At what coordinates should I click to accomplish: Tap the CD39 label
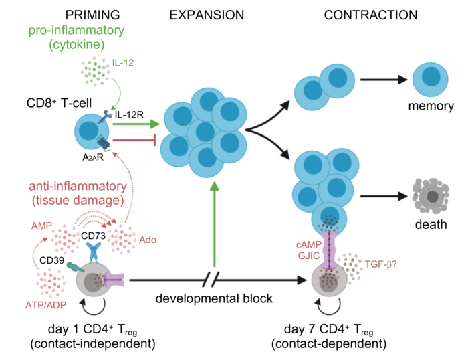click(x=51, y=260)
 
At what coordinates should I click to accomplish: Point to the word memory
click(x=433, y=106)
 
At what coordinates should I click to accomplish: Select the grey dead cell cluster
click(x=433, y=196)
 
